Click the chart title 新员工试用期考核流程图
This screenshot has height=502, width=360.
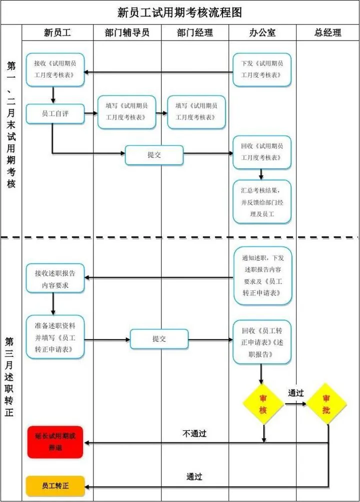(x=179, y=12)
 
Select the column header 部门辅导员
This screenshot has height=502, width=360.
(x=127, y=33)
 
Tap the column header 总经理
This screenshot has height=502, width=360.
(x=327, y=33)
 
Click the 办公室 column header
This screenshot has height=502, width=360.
(x=262, y=33)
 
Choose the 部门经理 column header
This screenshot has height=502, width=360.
(x=195, y=33)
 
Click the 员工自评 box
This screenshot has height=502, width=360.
(x=55, y=114)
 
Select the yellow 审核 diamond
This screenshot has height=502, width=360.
(x=263, y=404)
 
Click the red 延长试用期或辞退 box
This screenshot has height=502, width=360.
(x=55, y=442)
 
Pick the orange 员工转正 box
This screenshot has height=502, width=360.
(x=55, y=485)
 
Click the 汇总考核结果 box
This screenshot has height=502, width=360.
(x=261, y=202)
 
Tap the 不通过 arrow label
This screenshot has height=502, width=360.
(x=194, y=433)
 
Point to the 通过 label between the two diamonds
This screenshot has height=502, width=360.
(x=295, y=393)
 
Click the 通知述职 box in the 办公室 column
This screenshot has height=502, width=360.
(x=262, y=275)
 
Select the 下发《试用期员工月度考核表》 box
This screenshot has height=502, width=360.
(x=261, y=70)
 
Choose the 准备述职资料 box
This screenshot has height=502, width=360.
(x=55, y=337)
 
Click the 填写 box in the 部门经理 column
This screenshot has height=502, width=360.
(x=196, y=112)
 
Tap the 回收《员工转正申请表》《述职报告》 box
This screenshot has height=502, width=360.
(x=261, y=342)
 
